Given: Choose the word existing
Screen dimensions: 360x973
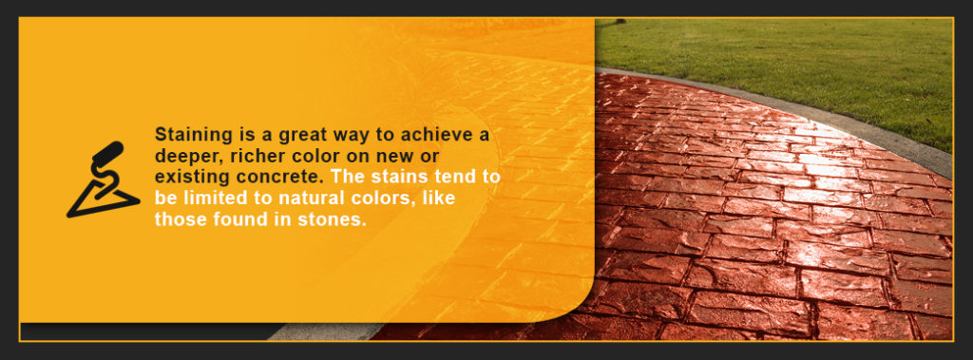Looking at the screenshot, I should (x=189, y=178).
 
